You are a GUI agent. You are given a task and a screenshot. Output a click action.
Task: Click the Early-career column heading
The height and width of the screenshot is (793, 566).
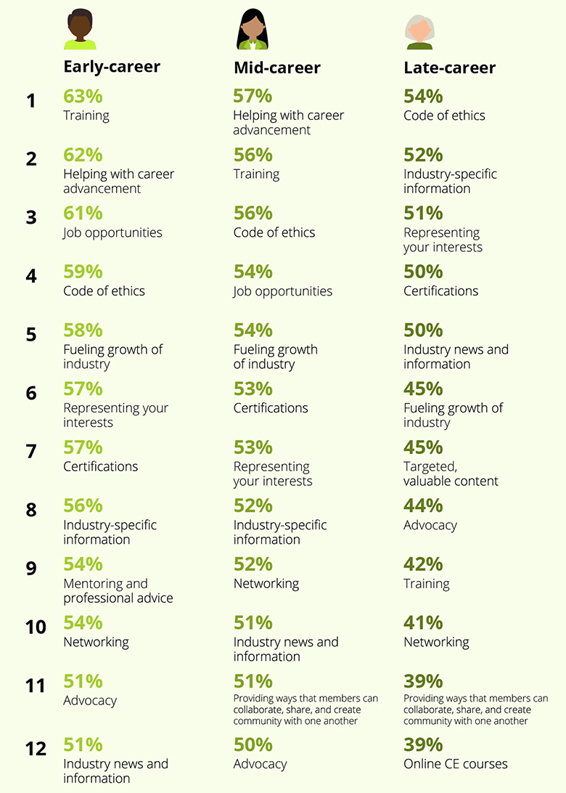pyautogui.click(x=112, y=67)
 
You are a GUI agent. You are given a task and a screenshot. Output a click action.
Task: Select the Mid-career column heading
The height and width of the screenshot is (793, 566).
pyautogui.click(x=276, y=68)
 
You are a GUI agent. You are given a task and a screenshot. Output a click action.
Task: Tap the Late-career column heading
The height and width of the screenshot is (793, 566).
pyautogui.click(x=449, y=68)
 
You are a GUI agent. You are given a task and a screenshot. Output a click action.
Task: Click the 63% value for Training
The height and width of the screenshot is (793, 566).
pyautogui.click(x=83, y=97)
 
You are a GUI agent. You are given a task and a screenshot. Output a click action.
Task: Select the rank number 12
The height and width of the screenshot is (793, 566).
pyautogui.click(x=36, y=748)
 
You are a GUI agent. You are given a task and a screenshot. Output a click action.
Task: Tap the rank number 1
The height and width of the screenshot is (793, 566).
pyautogui.click(x=30, y=101)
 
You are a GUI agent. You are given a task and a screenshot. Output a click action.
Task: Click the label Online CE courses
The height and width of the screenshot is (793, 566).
pyautogui.click(x=456, y=763)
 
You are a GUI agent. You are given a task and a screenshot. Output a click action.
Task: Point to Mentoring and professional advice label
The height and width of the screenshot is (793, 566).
pyautogui.click(x=118, y=591)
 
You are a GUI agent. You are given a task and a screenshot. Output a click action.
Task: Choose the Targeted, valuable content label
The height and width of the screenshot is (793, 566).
pyautogui.click(x=451, y=473)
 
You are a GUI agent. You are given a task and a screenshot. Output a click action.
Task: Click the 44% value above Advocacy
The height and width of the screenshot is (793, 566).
pyautogui.click(x=423, y=505)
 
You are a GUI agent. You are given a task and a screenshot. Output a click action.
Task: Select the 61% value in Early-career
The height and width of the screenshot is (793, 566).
pyautogui.click(x=83, y=213)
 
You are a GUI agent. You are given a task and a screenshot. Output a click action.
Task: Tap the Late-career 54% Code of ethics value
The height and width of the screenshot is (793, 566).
pyautogui.click(x=423, y=97)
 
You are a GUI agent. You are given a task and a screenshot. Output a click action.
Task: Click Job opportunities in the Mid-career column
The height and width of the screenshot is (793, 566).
pyautogui.click(x=282, y=291)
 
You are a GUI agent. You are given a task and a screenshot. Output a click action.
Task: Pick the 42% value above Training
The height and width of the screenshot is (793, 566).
pyautogui.click(x=423, y=564)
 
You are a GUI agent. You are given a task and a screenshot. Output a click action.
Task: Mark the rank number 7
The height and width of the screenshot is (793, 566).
pyautogui.click(x=30, y=452)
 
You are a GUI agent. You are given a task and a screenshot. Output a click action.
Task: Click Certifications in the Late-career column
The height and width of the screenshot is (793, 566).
pyautogui.click(x=440, y=291)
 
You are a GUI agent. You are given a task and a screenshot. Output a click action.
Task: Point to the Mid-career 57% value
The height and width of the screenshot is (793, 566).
pyautogui.click(x=253, y=97)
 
